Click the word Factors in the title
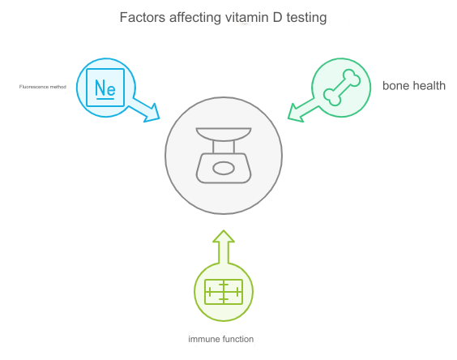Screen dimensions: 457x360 click(143, 17)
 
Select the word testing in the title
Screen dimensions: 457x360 click(306, 18)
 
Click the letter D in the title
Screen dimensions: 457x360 click(277, 17)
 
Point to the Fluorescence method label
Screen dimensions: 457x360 click(43, 87)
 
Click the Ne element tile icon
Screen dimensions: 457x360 click(105, 88)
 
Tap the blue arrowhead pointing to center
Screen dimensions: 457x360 click(152, 113)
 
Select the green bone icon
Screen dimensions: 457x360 click(342, 88)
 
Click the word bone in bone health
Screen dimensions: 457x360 click(395, 86)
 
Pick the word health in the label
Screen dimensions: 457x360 click(429, 86)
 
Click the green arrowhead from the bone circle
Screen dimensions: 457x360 click(296, 113)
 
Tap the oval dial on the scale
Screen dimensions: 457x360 click(224, 169)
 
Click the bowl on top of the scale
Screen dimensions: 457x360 click(224, 135)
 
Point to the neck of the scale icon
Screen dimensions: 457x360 click(224, 147)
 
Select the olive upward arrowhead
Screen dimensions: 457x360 click(224, 236)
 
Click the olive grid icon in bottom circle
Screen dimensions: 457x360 click(224, 292)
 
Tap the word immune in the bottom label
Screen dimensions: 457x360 click(204, 339)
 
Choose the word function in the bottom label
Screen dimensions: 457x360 click(238, 339)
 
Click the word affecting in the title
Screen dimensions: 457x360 click(195, 18)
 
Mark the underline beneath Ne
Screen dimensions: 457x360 click(105, 99)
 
